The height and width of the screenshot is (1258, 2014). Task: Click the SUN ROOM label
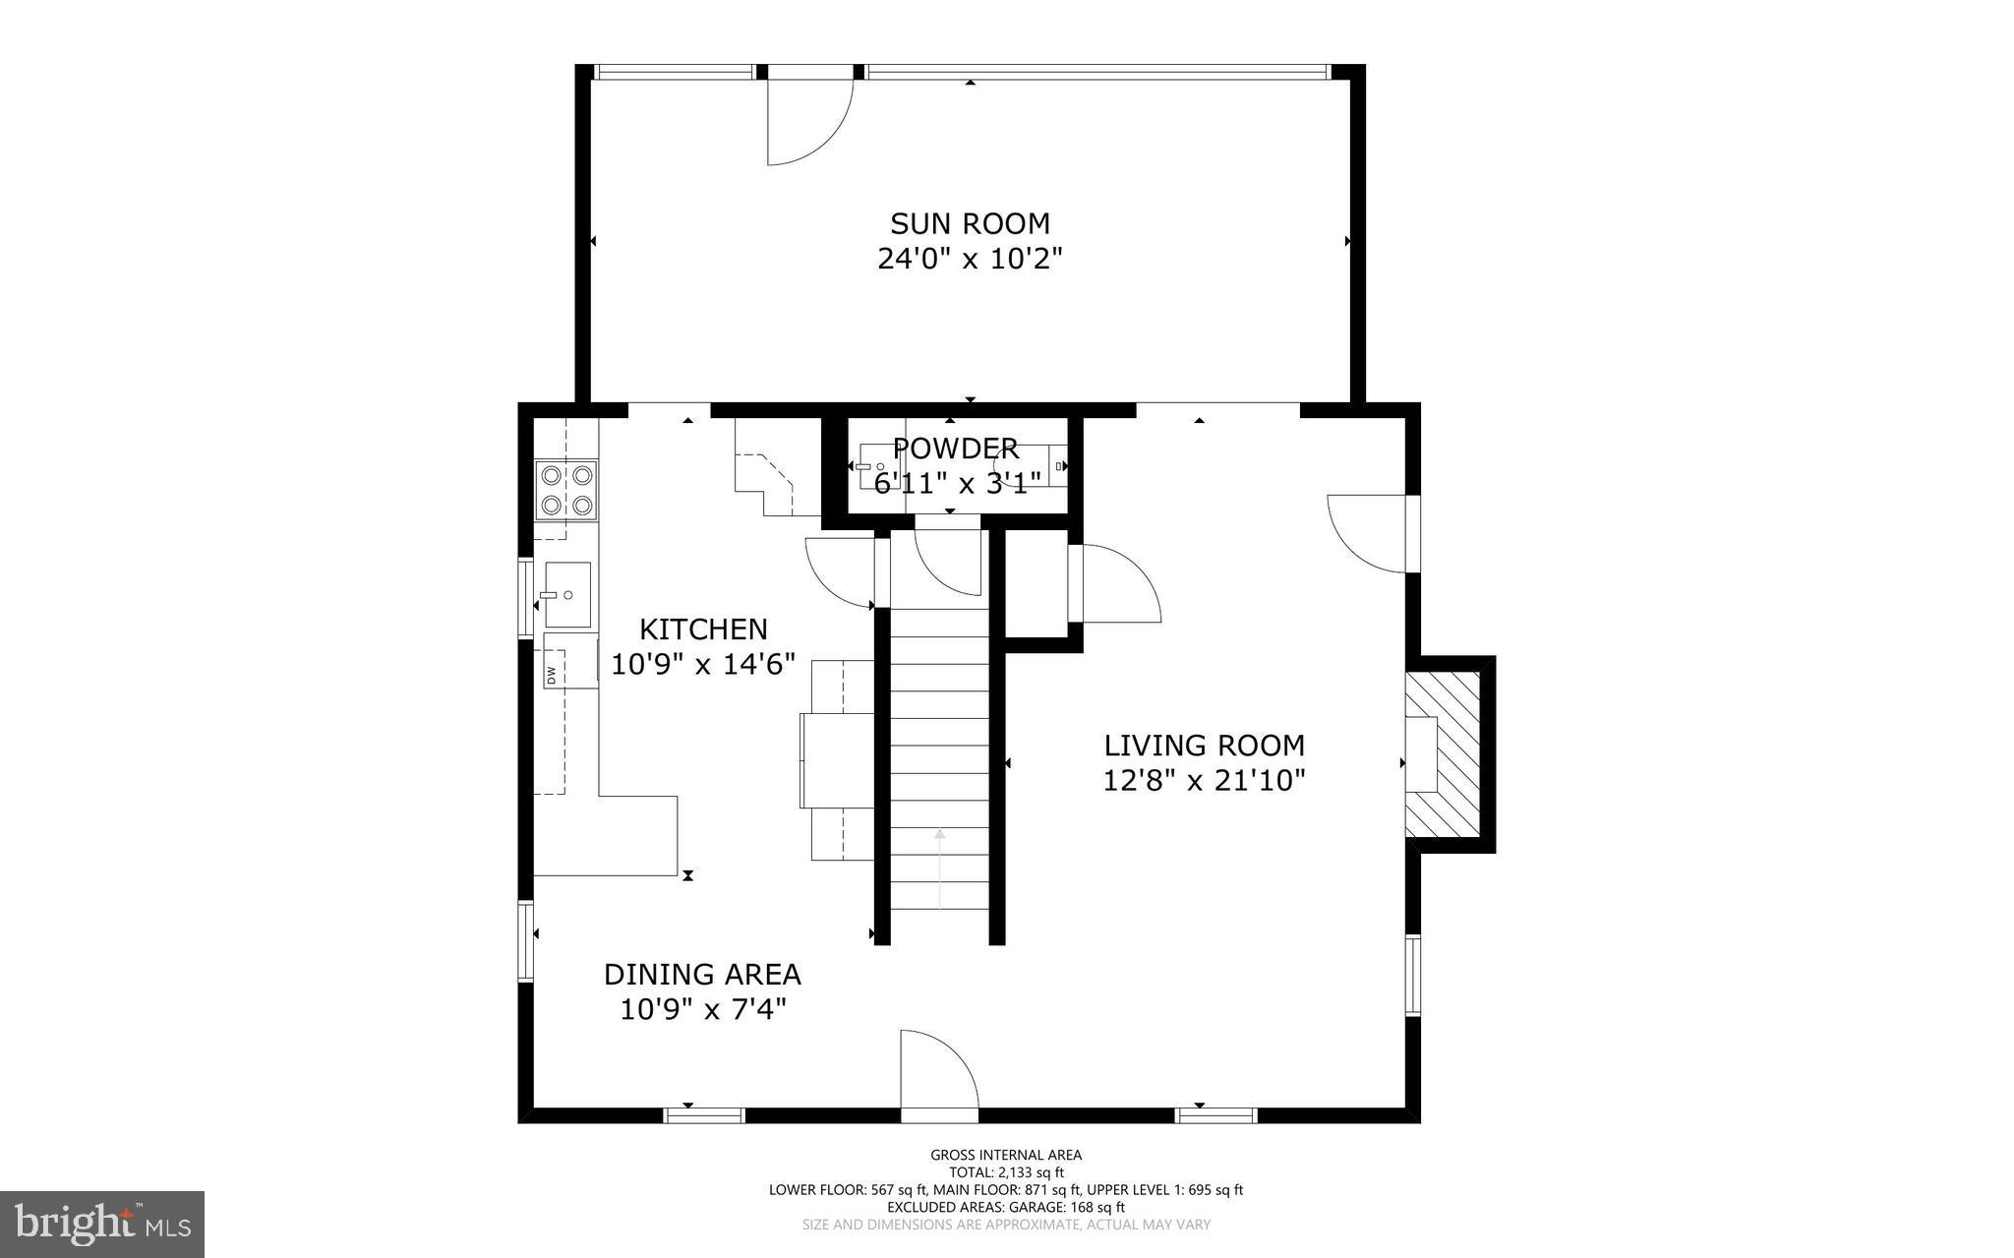970,223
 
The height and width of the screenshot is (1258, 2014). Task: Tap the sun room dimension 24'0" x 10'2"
970,259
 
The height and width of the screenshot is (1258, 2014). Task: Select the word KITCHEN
703,629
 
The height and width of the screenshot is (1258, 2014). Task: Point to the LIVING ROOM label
1204,745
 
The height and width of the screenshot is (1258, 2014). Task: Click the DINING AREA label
702,974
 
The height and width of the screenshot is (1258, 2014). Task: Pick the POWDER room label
956,449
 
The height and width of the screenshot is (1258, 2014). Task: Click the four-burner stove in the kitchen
566,490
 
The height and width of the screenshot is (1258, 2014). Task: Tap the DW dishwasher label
551,675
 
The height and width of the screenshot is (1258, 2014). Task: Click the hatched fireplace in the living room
1442,753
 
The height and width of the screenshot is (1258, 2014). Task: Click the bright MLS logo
102,1225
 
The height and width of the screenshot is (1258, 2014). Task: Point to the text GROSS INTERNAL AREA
1006,1155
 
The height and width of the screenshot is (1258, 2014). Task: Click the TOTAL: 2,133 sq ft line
1006,1172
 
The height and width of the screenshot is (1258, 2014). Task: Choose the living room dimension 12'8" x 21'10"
1204,781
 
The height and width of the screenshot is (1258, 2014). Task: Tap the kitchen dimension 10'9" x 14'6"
703,665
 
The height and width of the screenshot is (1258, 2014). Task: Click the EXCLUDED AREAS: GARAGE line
1006,1207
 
